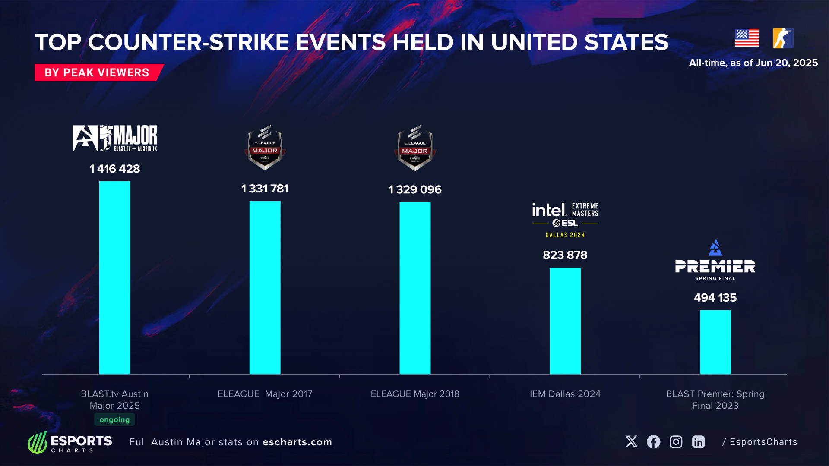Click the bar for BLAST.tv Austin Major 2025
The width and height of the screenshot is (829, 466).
tap(114, 277)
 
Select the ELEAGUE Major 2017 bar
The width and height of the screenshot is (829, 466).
tap(265, 287)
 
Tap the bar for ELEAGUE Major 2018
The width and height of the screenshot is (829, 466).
tap(415, 288)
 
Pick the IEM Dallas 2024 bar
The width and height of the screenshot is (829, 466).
tap(565, 321)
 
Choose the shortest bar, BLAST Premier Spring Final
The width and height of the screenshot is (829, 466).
tap(715, 342)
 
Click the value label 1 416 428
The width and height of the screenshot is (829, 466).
tap(114, 169)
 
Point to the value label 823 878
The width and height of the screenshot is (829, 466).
tap(565, 255)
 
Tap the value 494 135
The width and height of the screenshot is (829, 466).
tap(715, 298)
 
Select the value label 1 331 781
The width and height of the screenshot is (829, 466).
tap(265, 189)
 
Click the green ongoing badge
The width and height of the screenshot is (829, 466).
tap(114, 419)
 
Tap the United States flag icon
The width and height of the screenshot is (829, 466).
tap(747, 38)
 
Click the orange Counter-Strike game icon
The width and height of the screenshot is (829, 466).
tap(783, 38)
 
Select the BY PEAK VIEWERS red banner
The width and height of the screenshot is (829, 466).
tap(97, 72)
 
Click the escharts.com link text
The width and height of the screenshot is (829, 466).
tap(297, 442)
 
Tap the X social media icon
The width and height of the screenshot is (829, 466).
tap(631, 441)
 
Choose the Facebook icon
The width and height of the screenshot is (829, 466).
tap(653, 441)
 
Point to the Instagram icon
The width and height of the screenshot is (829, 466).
tap(676, 441)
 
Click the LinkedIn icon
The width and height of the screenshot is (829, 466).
tap(698, 441)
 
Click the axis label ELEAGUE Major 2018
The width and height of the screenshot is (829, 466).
tap(415, 394)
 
